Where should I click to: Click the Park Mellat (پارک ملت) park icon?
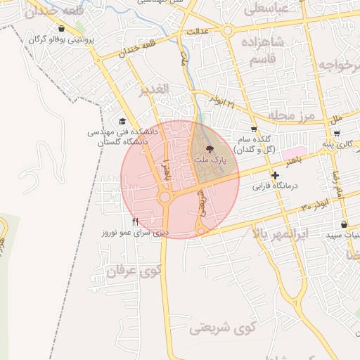click(x=209, y=149)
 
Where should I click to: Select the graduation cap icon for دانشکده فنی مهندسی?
click(x=124, y=122)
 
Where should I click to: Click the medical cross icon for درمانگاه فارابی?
click(x=275, y=175)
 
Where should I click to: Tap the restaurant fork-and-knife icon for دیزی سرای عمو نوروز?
click(x=134, y=221)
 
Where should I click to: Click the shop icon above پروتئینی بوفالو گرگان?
click(x=63, y=29)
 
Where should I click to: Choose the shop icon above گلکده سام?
click(x=254, y=129)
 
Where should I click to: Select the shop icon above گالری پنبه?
click(x=337, y=133)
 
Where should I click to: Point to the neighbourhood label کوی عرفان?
click(x=134, y=269)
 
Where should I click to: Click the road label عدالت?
click(x=199, y=32)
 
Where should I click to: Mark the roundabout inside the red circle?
click(x=165, y=198)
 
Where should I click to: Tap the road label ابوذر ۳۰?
click(x=315, y=206)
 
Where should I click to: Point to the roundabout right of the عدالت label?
click(x=228, y=31)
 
